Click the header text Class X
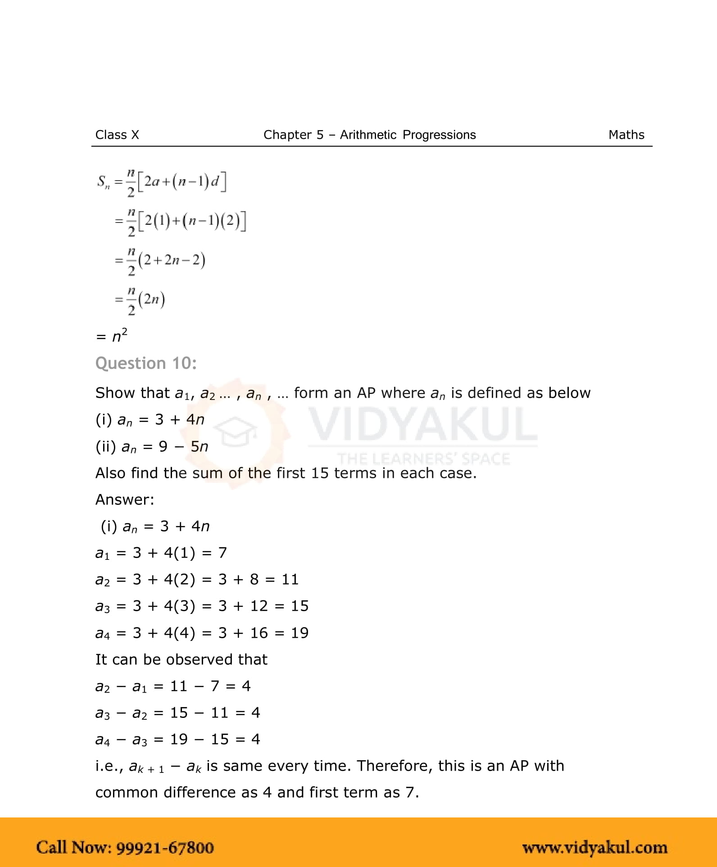click(x=117, y=135)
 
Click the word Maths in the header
click(x=626, y=135)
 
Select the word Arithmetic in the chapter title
click(x=368, y=135)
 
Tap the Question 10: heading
click(x=146, y=363)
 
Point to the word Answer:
click(x=125, y=499)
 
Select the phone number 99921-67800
click(x=165, y=848)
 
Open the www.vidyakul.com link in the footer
click(x=594, y=848)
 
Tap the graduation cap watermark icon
click(x=235, y=431)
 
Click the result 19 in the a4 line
click(x=300, y=633)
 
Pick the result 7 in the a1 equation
click(x=222, y=553)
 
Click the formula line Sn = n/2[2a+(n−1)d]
click(x=162, y=182)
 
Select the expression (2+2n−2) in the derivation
click(x=172, y=260)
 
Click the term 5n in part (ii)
click(x=199, y=446)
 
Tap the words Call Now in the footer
click(x=73, y=848)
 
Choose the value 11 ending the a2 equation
click(x=290, y=579)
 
